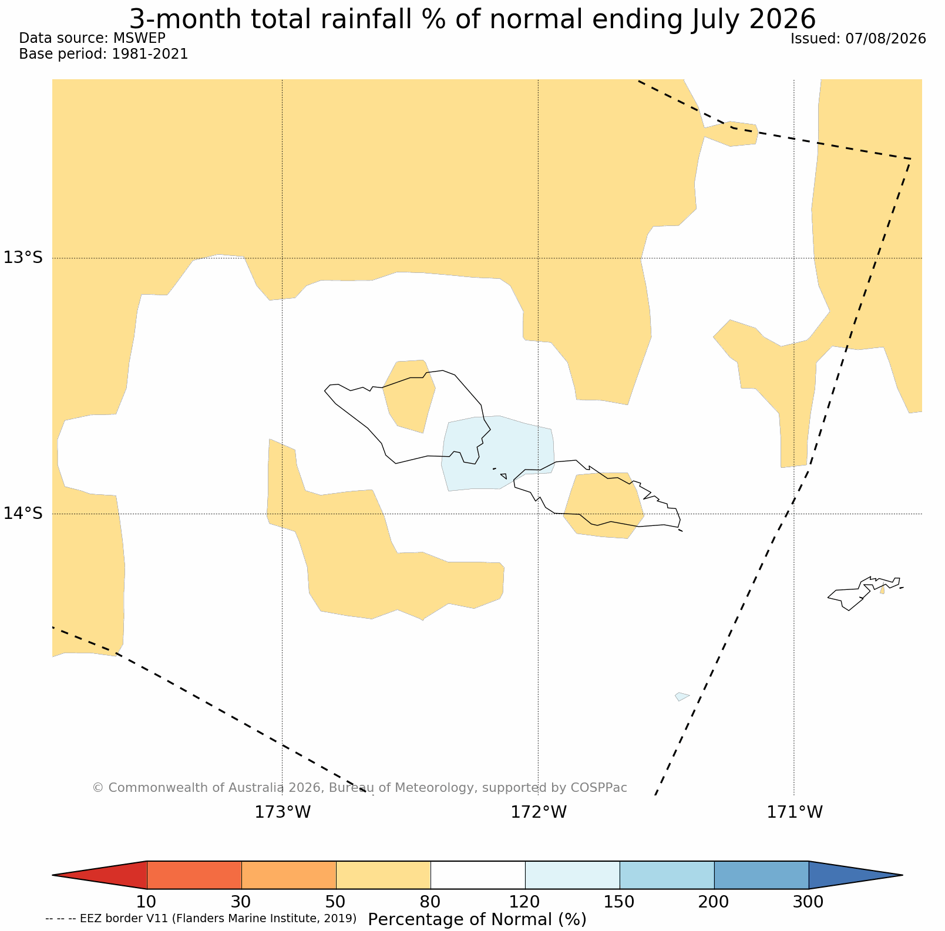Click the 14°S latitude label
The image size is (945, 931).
point(23,513)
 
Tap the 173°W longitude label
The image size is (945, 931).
point(283,812)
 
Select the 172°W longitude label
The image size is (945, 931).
point(539,812)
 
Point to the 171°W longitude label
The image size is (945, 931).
point(795,812)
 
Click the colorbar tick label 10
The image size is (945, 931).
point(147,902)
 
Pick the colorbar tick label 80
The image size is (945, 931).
point(431,902)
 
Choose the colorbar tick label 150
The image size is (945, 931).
point(620,902)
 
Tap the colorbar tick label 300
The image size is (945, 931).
point(809,902)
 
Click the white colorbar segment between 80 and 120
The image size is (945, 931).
point(478,875)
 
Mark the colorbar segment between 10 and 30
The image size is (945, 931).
point(194,875)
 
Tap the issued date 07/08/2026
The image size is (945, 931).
point(886,39)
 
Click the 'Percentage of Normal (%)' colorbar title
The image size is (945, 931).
point(477,919)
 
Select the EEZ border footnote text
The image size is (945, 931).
point(201,918)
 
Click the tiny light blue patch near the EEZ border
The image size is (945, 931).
point(682,697)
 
